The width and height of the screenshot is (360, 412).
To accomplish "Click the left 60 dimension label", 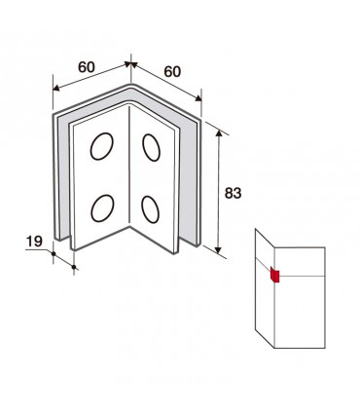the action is pos(87,67).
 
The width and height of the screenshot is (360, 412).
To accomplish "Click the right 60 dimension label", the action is pos(172,72).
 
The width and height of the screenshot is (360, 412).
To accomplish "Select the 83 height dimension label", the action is pos(233,193).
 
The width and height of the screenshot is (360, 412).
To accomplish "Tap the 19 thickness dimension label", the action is pos(34,242).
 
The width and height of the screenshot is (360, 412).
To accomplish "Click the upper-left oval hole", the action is pos(102,146).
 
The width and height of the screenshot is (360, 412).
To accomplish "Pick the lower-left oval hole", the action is pos(102,208).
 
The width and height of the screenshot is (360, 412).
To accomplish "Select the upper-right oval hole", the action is pos(151,147).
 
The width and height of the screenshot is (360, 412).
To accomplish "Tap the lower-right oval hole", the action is pos(151,209).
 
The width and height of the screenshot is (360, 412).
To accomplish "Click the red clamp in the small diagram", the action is pos(275,276).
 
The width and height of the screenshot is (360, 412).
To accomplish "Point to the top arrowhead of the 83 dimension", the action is pos(219,133).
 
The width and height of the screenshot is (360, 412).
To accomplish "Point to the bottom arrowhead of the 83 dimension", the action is pos(218,250).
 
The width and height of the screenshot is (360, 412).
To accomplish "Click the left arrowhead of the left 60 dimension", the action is pos(56,88).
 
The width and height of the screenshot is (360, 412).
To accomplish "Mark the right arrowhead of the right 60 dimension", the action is pos(198,97).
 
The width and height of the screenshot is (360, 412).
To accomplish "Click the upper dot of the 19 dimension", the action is pos(54,253).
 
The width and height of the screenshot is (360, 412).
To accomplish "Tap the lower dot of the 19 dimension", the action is pos(74,267).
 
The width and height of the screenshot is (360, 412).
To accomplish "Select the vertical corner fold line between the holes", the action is pos(129,166).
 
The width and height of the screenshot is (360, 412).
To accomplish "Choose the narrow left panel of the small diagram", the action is pos(265,288).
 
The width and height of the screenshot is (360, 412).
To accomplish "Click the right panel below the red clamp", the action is pos(300,312).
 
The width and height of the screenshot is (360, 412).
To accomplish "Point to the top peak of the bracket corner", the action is pos(130,85).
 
